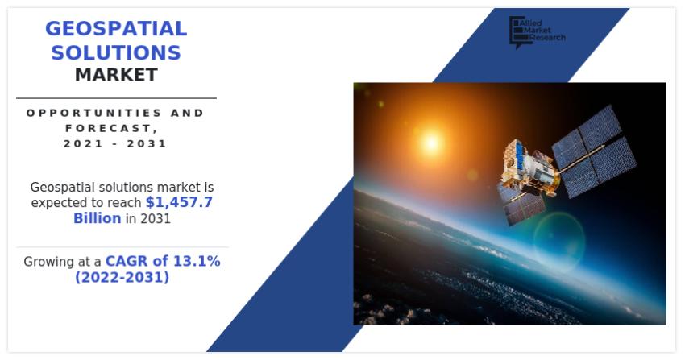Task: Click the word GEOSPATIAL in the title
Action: (116, 29)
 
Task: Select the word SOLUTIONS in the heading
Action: (116, 53)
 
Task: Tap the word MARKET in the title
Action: (116, 76)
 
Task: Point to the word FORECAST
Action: (114, 128)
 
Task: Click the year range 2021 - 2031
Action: (115, 144)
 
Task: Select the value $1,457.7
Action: (179, 202)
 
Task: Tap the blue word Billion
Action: (97, 218)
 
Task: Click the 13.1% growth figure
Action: (197, 262)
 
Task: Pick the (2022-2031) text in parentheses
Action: (122, 278)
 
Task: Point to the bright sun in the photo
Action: (431, 143)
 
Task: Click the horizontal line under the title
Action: (116, 98)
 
